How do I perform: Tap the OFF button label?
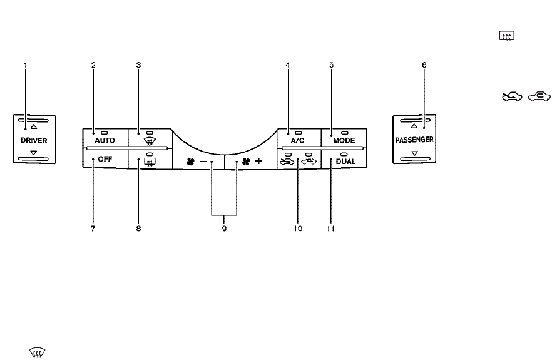(x=105, y=160)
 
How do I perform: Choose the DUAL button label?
(x=344, y=161)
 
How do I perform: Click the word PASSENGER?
(x=414, y=139)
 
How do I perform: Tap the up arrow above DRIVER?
(x=34, y=126)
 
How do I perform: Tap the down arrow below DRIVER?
(x=34, y=152)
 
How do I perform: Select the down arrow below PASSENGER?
(x=414, y=152)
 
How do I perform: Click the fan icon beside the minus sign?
(x=190, y=162)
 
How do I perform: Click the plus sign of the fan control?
(x=258, y=162)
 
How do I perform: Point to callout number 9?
(x=224, y=229)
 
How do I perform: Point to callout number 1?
(x=26, y=65)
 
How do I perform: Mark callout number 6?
(x=424, y=65)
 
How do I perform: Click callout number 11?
(x=331, y=229)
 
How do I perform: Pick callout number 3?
(x=139, y=65)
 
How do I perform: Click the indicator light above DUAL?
(x=344, y=153)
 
